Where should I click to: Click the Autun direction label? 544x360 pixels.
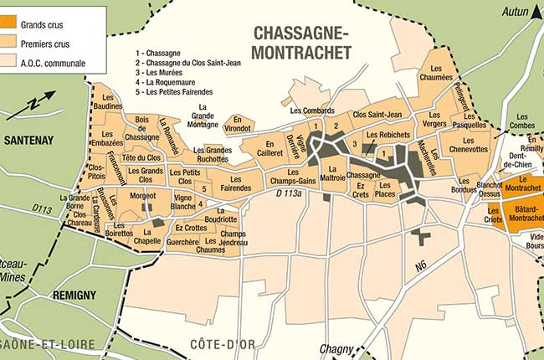tap(516, 12)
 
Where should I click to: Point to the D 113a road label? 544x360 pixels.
tap(289, 193)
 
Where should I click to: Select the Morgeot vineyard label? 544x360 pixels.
tap(142, 195)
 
